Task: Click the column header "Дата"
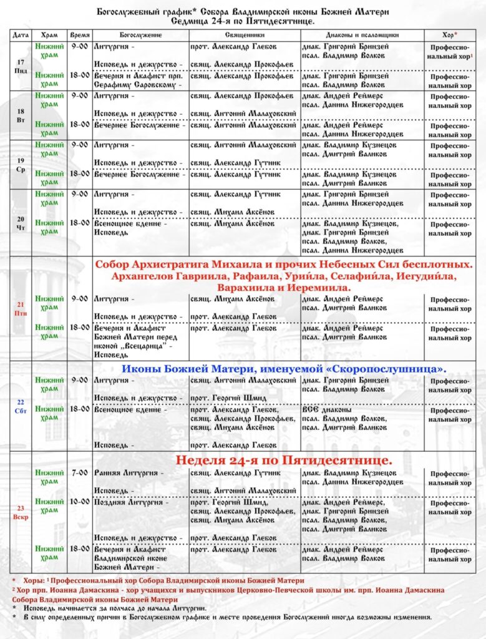(x=21, y=35)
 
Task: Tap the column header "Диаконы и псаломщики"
(x=362, y=35)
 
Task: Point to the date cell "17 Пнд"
(x=21, y=66)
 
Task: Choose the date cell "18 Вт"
(x=21, y=115)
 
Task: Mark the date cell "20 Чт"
(x=21, y=223)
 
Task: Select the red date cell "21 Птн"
(x=21, y=308)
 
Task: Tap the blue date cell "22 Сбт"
(x=21, y=406)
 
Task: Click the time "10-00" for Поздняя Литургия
(x=80, y=502)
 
